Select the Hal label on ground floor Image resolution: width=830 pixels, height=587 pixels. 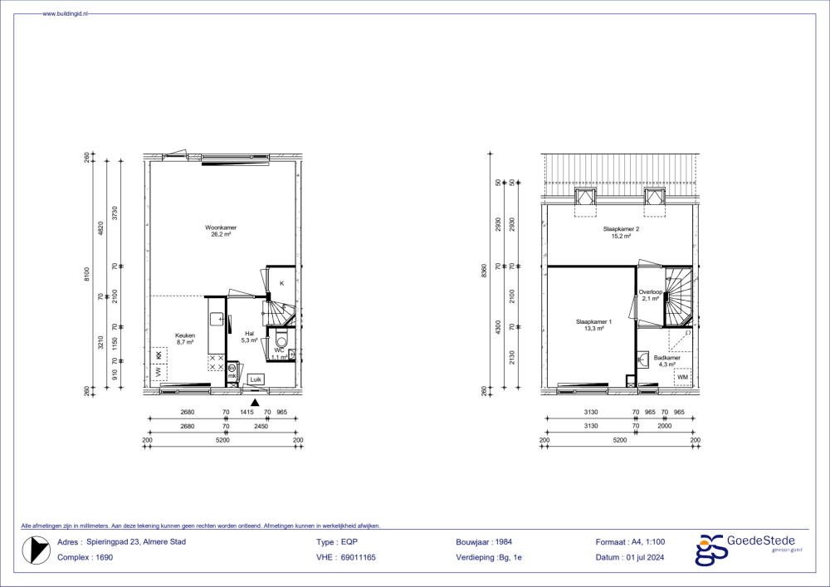point(249,335)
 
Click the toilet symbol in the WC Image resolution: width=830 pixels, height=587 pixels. point(281,340)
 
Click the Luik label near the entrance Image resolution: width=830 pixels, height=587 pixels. point(256,379)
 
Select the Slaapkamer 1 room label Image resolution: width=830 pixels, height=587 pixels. point(593,325)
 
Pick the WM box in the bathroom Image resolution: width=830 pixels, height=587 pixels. point(682,378)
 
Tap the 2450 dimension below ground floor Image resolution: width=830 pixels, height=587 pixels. point(261,426)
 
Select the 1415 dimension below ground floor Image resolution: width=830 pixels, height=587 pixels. point(247,412)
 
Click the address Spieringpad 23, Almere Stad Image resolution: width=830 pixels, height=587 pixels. point(133,541)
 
